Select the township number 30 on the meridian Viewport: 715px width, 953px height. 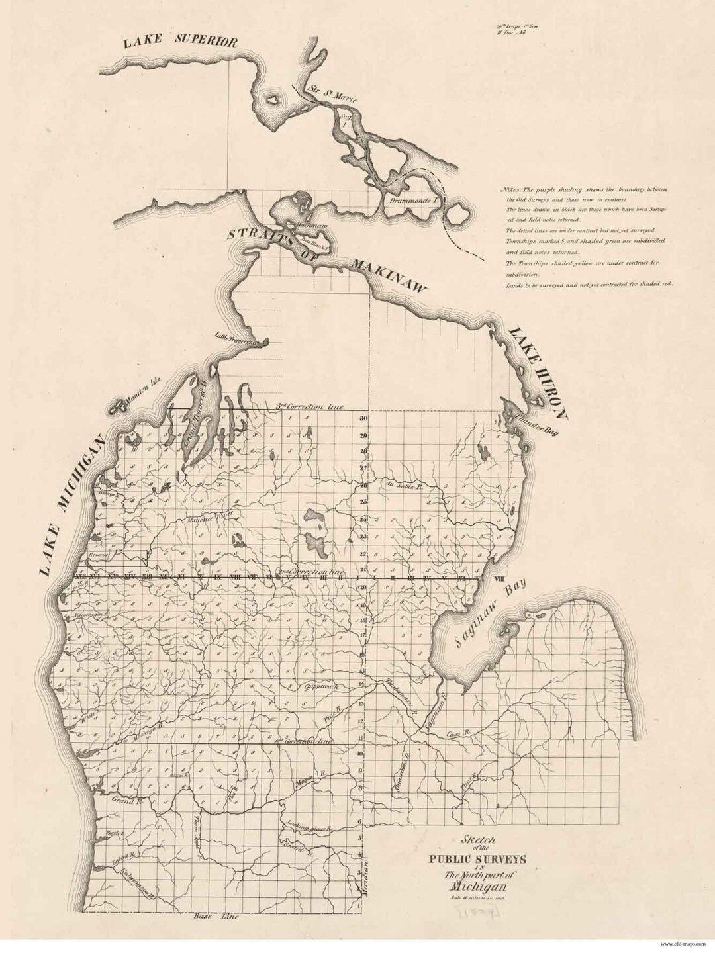coord(363,418)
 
